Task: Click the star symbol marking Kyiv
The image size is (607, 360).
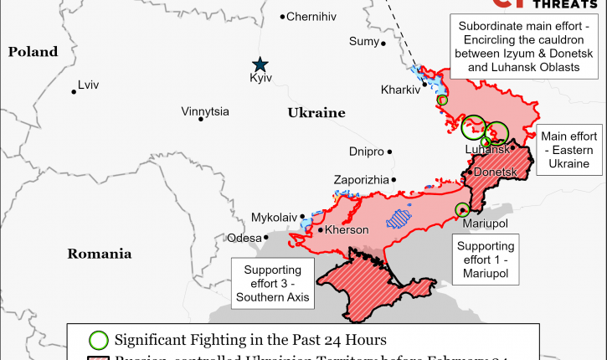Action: pos(260,64)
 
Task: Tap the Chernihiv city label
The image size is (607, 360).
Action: pos(312,17)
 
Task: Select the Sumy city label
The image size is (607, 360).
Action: pos(363,42)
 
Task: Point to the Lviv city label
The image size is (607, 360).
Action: pos(88,85)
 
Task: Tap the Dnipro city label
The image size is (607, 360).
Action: pos(366,152)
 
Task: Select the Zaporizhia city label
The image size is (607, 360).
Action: pos(361,180)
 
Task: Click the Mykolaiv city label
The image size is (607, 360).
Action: pos(274,218)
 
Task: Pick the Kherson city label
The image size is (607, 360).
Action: pos(346,229)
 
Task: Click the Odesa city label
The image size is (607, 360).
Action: pos(244,239)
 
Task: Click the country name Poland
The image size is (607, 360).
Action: pos(33,52)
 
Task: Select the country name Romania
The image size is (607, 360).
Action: pos(100,254)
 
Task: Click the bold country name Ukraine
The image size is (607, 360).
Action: pos(316,112)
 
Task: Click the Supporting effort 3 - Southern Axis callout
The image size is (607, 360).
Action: pos(273,283)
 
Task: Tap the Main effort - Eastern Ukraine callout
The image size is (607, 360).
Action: pos(570,151)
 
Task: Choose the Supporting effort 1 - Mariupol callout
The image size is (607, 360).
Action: pos(486,260)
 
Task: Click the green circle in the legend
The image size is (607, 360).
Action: pos(99,340)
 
